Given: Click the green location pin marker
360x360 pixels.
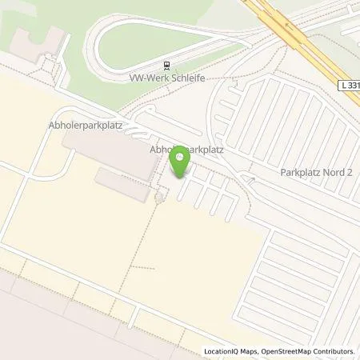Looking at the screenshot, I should [181, 163].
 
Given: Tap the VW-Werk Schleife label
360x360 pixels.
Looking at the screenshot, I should [168, 79].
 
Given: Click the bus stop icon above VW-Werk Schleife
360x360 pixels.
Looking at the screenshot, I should [166, 66].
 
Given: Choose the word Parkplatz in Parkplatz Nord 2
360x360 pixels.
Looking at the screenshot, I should [301, 171].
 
